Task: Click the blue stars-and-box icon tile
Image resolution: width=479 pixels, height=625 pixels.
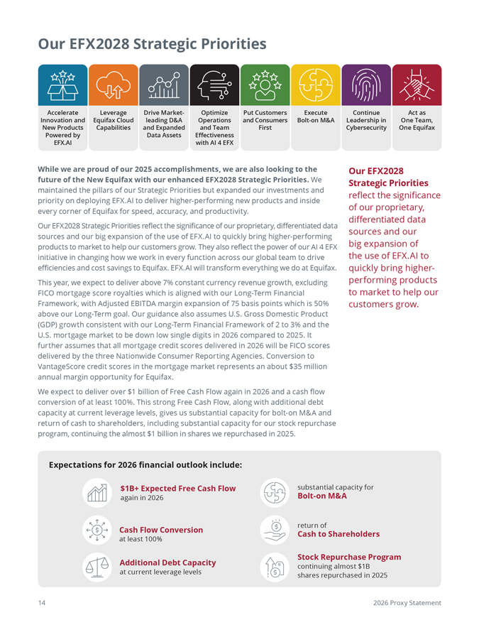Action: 62,85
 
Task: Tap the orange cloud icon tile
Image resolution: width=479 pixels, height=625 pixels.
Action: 112,85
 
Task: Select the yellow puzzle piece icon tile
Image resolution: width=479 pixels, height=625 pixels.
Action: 314,85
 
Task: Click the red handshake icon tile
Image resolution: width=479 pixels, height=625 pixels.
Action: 417,85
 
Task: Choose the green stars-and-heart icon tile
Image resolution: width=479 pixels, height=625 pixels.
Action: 265,85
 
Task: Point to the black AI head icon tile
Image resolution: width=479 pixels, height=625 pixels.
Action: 214,85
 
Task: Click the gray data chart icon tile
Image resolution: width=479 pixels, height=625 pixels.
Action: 163,85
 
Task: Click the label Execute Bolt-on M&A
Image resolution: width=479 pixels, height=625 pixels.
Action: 314,116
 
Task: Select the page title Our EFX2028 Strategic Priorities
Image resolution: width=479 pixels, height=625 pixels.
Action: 153,44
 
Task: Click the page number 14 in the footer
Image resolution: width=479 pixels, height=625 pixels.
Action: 42,602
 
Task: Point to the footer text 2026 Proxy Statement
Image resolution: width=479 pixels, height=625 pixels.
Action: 407,602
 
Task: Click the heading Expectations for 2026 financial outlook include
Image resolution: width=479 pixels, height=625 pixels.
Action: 145,465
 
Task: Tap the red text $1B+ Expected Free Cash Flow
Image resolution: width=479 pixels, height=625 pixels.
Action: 177,488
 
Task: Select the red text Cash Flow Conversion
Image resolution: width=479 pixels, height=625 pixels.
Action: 161,529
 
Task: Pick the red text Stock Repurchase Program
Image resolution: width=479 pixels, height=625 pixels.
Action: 349,557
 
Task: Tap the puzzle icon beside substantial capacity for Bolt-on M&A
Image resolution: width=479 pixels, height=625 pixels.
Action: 274,491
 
